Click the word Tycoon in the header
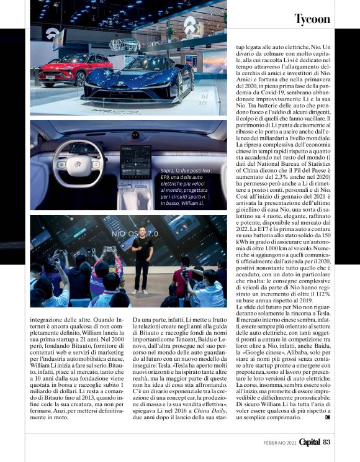[312, 19]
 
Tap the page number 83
[326, 442]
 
